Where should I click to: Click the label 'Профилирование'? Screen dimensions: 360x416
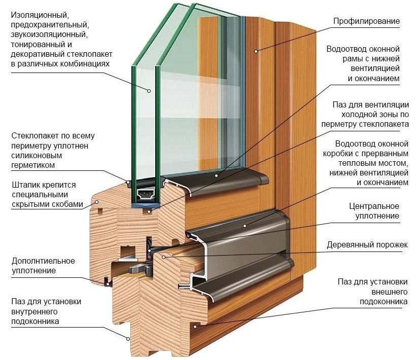pos(366,21)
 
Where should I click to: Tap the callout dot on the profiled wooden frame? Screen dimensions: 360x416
pos(257,51)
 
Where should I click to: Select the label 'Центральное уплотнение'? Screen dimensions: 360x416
pos(374,211)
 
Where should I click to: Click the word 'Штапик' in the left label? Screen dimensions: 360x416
pos(24,184)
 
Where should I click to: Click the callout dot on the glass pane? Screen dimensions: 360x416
pos(150,91)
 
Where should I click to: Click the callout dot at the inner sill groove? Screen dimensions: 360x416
pos(128,337)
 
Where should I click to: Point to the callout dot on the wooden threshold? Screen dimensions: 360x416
pos(163,257)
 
